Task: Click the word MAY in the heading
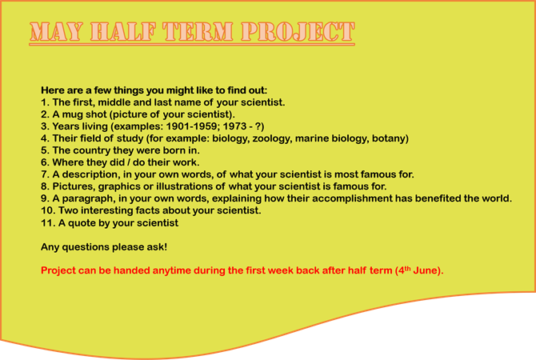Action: tap(57, 32)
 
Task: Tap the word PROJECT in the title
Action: tap(298, 32)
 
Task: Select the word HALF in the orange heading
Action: tap(123, 32)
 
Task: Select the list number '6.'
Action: tap(45, 162)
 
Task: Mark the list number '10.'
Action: tap(48, 210)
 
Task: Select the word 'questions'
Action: tap(86, 247)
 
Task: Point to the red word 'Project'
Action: tap(58, 270)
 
